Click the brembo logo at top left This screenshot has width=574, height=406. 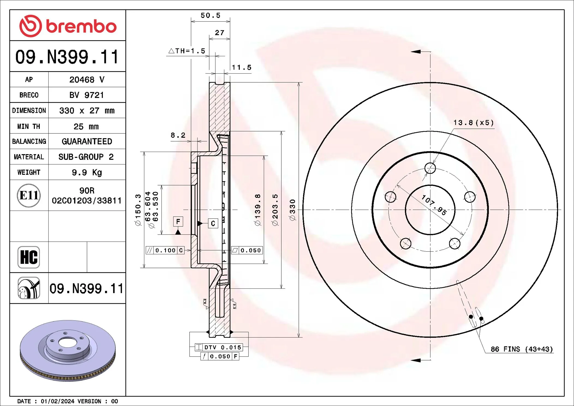click(x=68, y=26)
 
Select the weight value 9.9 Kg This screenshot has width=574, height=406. click(x=87, y=172)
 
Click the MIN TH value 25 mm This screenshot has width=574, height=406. click(x=86, y=127)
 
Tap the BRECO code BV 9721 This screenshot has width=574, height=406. click(x=87, y=95)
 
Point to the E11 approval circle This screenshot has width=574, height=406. click(x=29, y=195)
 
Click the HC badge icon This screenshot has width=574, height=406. click(x=29, y=257)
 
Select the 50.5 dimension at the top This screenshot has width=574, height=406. click(x=210, y=16)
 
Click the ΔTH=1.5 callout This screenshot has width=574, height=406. click(x=187, y=51)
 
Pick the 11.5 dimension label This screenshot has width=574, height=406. click(x=241, y=67)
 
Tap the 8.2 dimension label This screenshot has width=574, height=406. click(x=178, y=135)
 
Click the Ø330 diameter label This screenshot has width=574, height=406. click(x=292, y=210)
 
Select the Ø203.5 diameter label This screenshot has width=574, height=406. click(x=275, y=210)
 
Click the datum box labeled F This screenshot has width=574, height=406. click(x=178, y=222)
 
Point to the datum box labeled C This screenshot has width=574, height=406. click(x=213, y=223)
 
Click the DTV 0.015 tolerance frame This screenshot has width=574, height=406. click(x=219, y=347)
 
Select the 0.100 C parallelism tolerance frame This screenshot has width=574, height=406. click(x=165, y=250)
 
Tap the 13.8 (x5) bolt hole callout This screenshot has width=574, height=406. click(x=473, y=123)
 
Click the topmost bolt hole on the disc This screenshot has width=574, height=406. click(x=430, y=168)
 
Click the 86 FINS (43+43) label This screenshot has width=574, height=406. click(x=522, y=349)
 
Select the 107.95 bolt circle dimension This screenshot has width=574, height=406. click(x=434, y=205)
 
